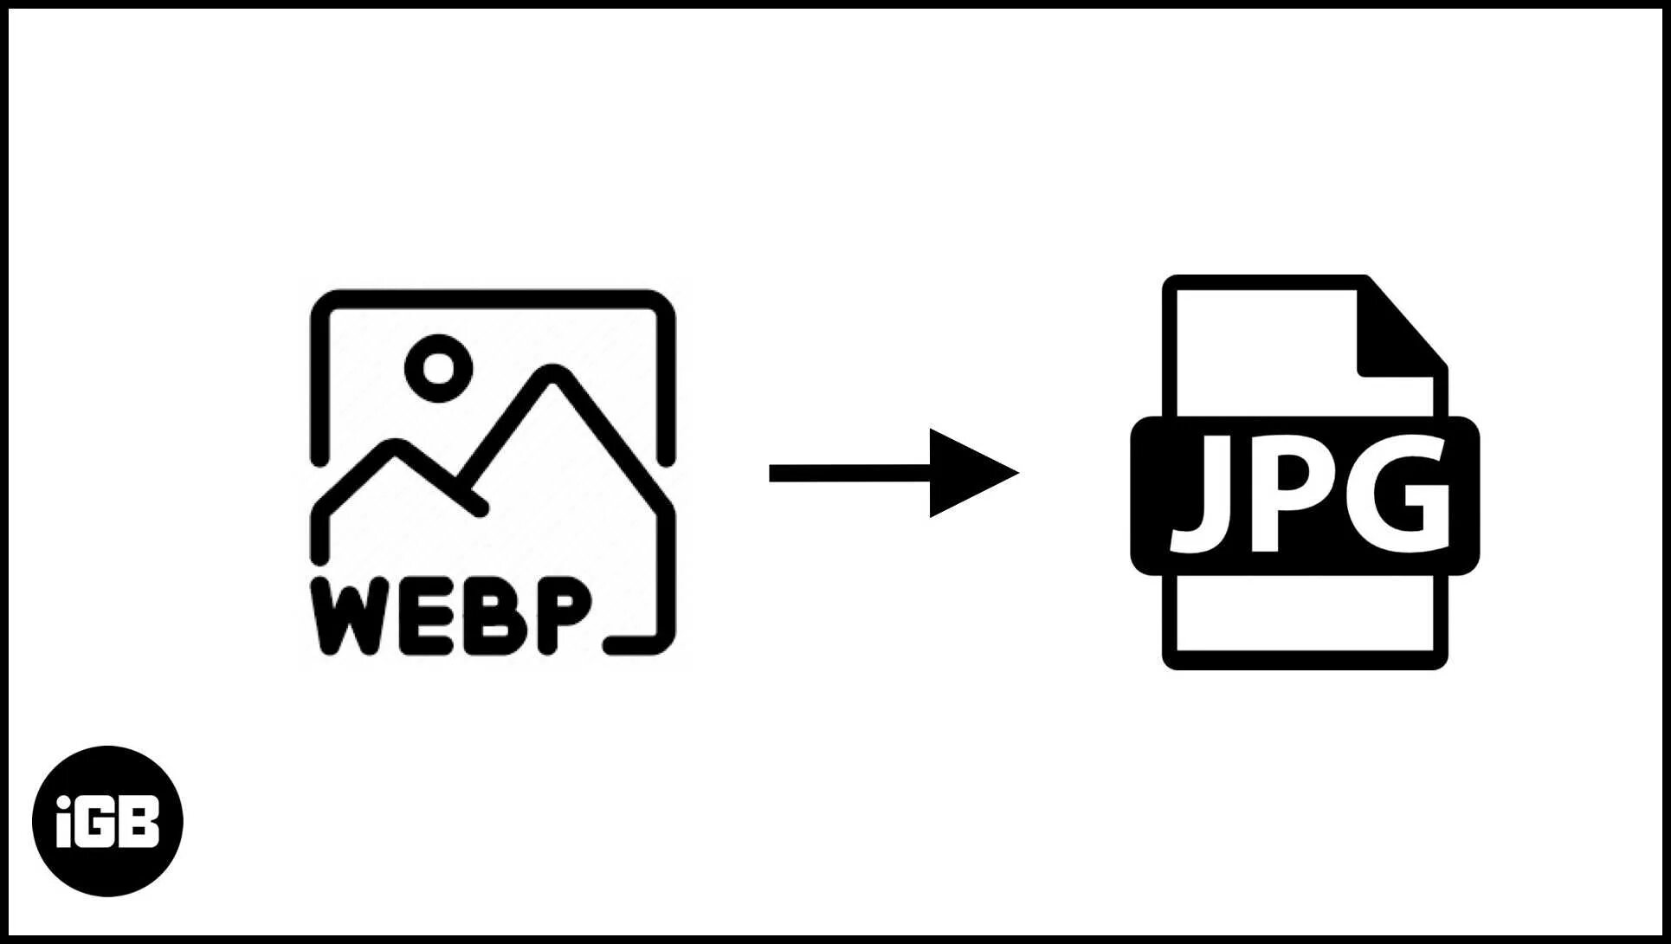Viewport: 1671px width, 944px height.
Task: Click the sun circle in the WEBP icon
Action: click(439, 368)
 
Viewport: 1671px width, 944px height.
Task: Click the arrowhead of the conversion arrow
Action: click(965, 473)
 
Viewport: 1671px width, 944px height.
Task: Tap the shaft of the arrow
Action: click(848, 473)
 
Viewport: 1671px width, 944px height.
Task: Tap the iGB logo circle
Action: click(107, 820)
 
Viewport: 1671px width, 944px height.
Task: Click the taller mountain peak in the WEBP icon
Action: click(551, 375)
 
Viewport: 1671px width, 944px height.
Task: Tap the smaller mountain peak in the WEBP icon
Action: click(395, 449)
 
